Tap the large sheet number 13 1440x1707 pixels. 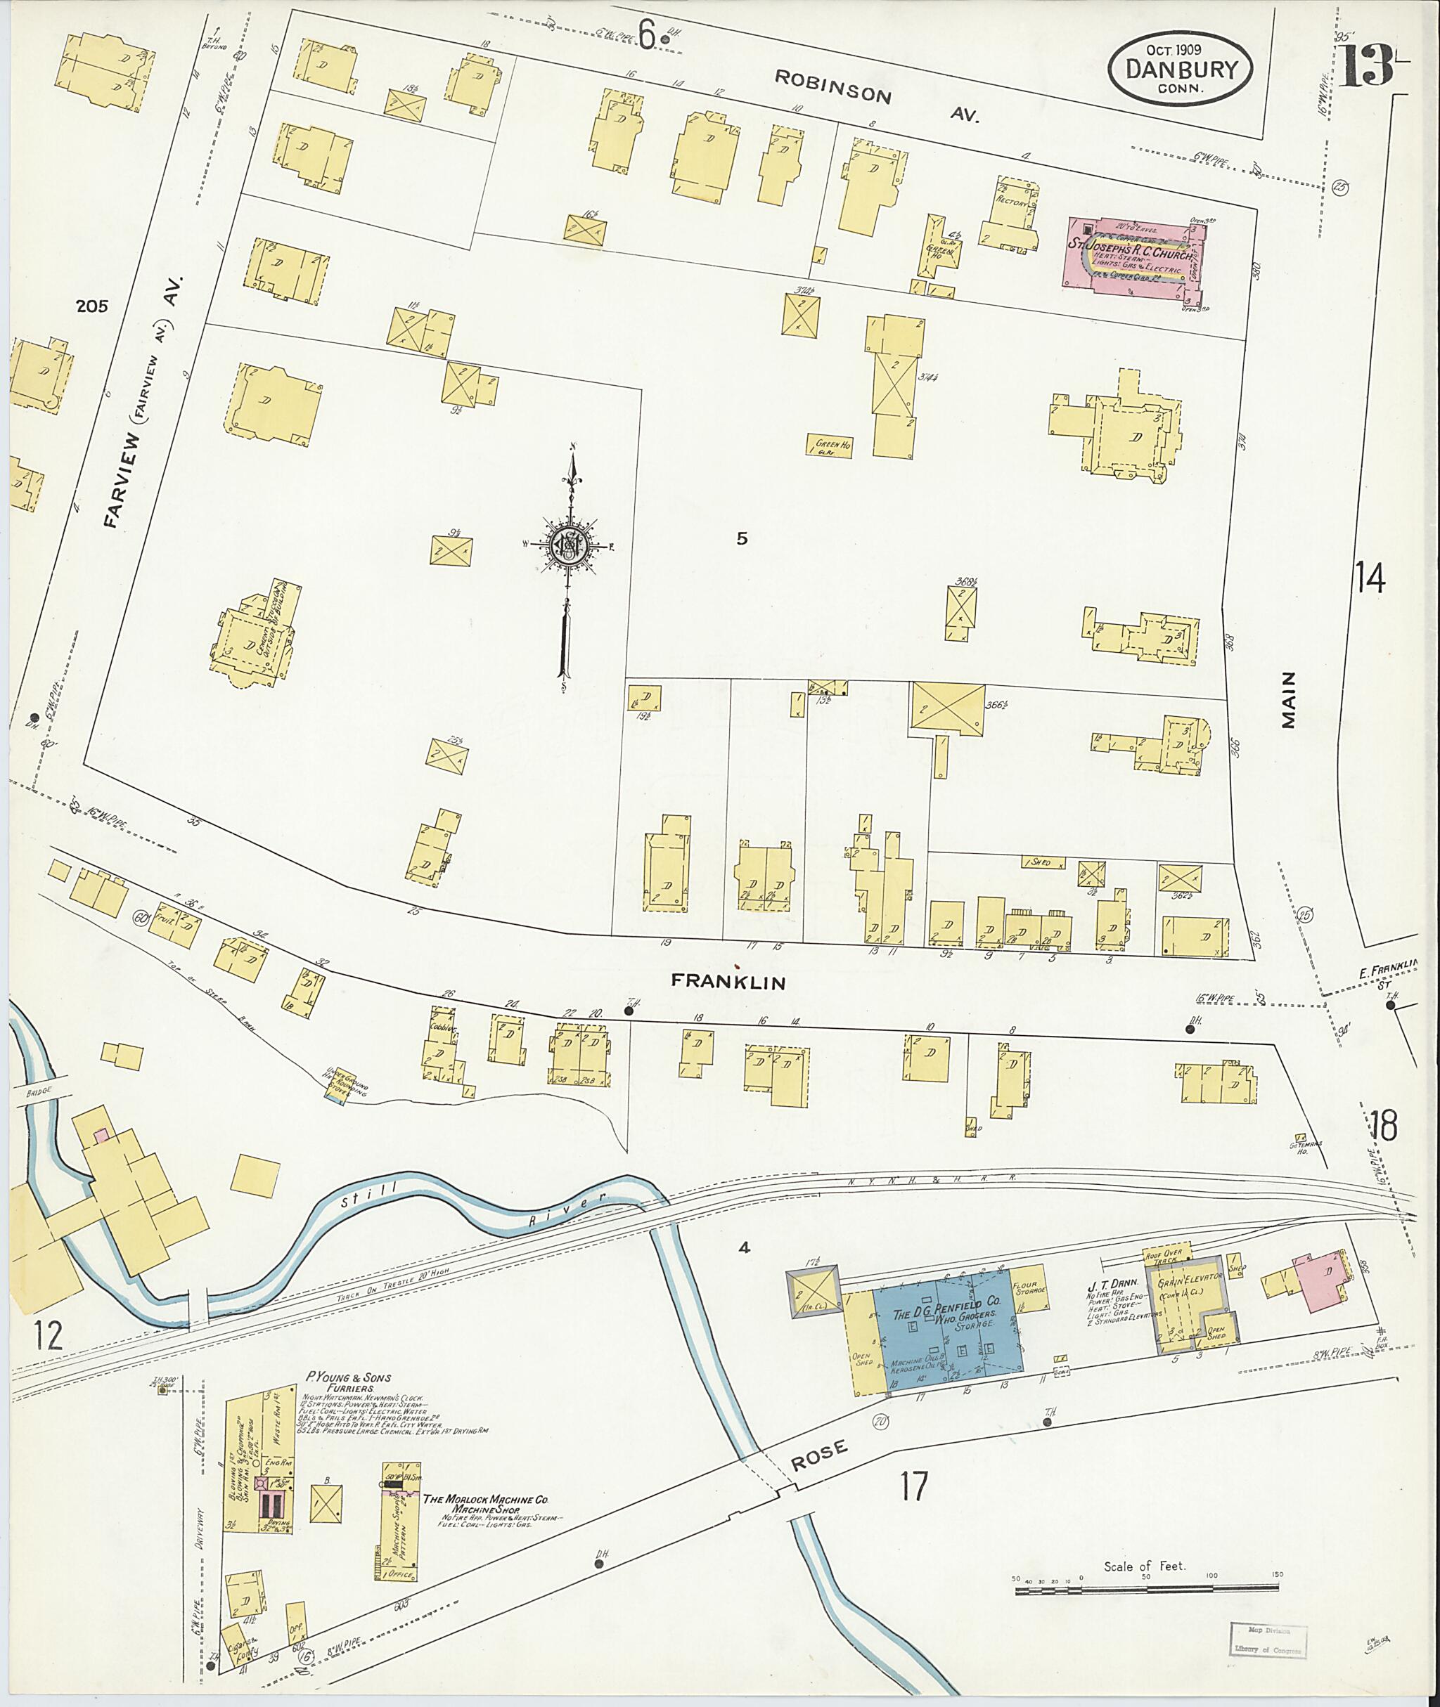point(1365,65)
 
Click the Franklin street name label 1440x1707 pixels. point(728,982)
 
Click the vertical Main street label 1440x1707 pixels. point(1288,699)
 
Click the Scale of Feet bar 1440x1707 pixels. point(1146,1586)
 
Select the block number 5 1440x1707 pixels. point(741,538)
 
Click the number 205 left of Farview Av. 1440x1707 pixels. point(91,307)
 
